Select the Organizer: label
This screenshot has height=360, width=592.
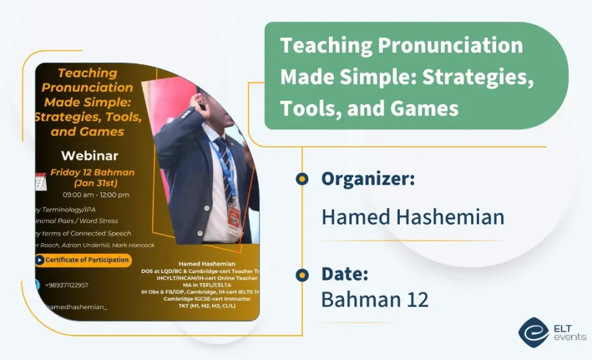coord(368,179)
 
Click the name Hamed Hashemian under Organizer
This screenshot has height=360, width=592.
coord(412,217)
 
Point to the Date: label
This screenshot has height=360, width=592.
coord(345,274)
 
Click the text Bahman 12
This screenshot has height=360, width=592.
coord(374,299)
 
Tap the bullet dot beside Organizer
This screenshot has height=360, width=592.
coord(302,180)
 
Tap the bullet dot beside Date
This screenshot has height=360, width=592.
coord(302,275)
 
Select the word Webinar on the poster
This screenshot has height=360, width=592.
coord(90,155)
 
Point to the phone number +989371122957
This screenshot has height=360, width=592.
coord(67,285)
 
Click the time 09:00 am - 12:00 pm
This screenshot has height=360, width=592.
coord(96,195)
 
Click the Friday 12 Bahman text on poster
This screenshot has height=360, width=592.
coord(92,172)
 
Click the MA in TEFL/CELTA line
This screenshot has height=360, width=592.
coord(203,285)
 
